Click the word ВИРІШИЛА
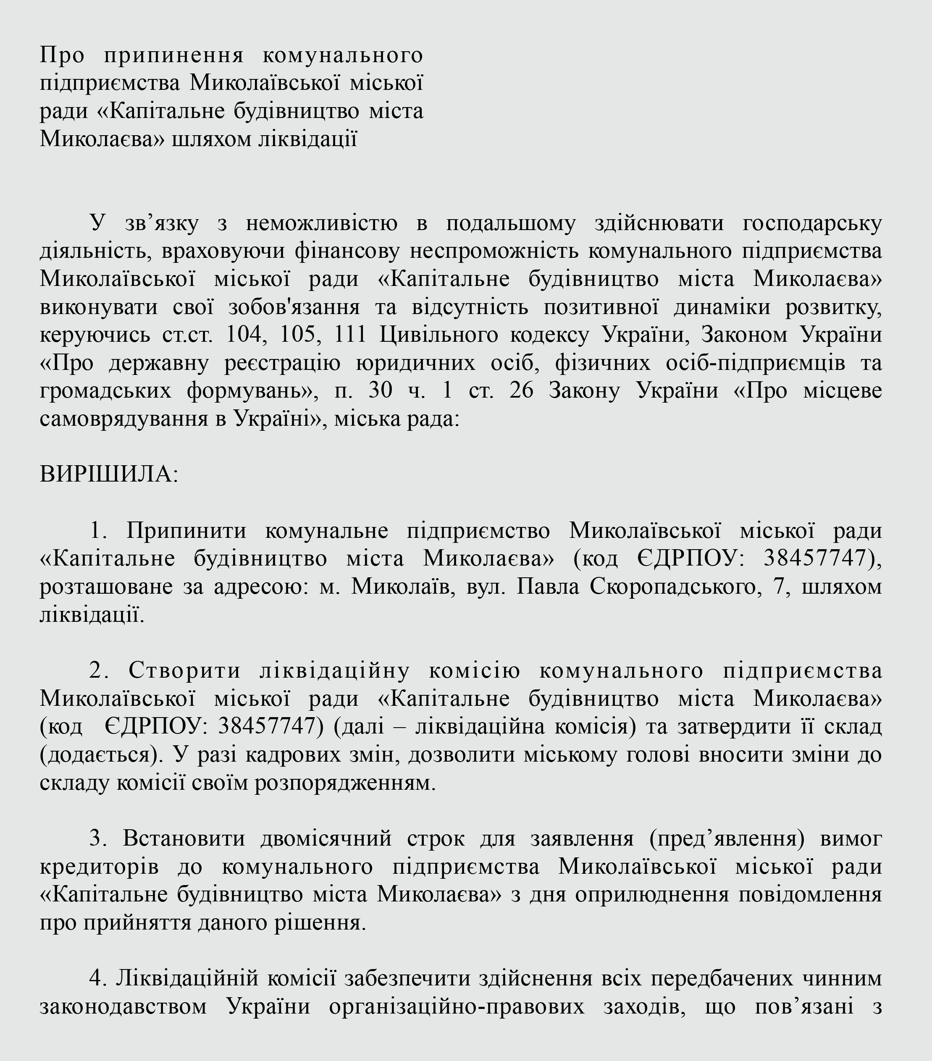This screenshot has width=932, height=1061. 108,474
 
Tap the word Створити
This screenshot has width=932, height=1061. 184,671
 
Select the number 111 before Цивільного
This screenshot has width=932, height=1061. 350,334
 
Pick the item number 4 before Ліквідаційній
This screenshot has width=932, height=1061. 97,979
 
